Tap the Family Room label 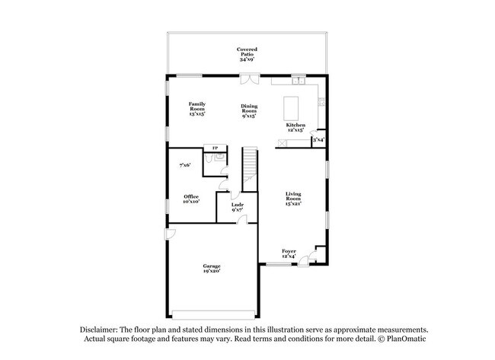tap(197, 108)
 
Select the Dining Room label tap(249, 111)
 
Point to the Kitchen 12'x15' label tap(295, 127)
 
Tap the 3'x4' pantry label tap(318, 140)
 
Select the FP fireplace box tap(216, 148)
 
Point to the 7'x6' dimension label tap(184, 164)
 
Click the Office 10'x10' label tap(191, 199)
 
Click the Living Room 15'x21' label tap(293, 199)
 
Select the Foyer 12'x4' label tap(289, 253)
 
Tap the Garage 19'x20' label tap(212, 268)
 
